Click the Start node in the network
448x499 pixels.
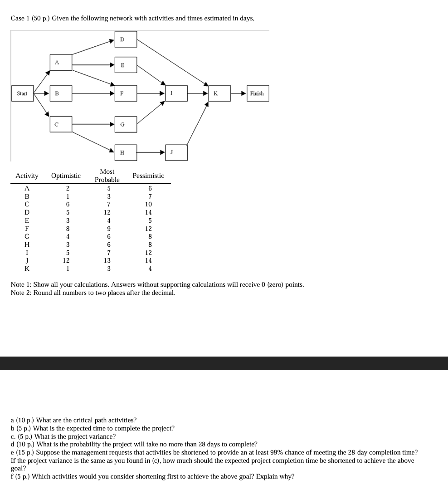click(x=22, y=94)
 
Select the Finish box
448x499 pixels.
click(x=257, y=93)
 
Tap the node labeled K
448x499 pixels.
click(x=215, y=93)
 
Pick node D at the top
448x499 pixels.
click(x=122, y=39)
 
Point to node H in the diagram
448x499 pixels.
click(x=122, y=153)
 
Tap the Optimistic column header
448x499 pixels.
click(x=66, y=176)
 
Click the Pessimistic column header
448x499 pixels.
click(x=148, y=176)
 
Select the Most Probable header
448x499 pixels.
click(x=107, y=176)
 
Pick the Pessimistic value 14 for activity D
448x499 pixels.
click(x=148, y=212)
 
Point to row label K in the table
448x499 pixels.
click(x=27, y=269)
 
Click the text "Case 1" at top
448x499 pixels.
click(x=20, y=19)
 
